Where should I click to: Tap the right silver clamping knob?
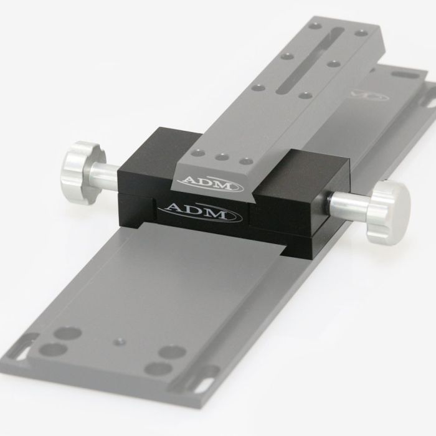(387, 212)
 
